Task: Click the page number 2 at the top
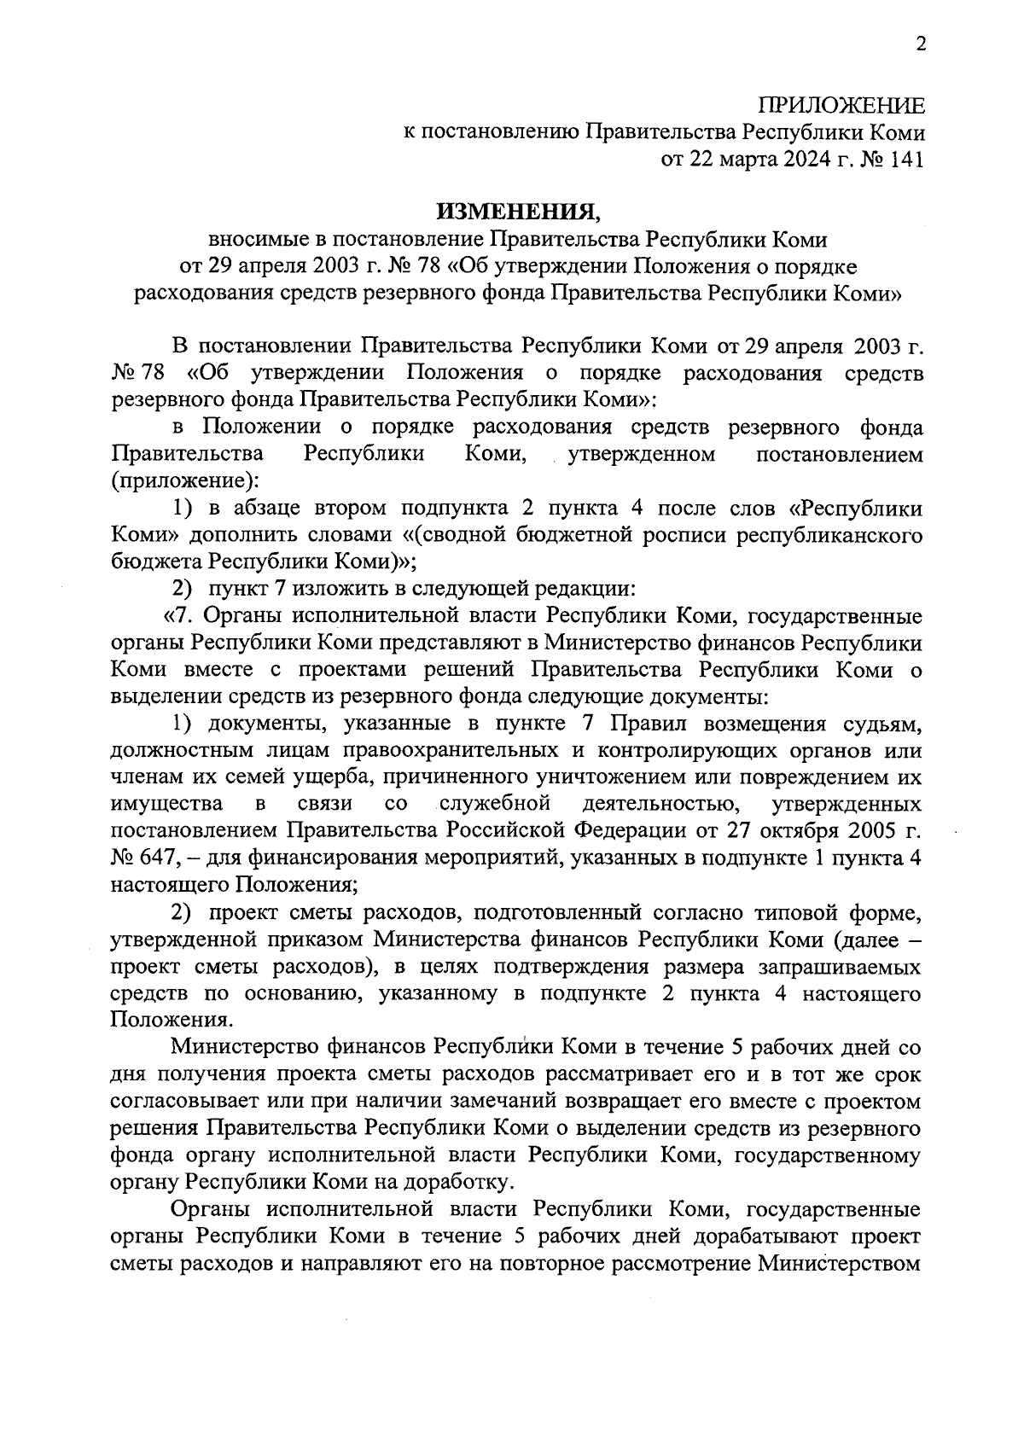920,45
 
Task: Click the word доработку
466,1182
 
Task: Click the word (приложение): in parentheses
183,481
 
